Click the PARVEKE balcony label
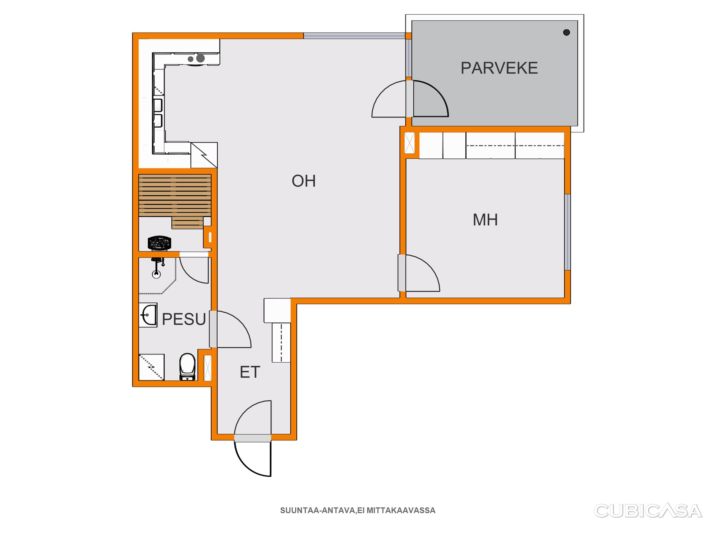click(x=499, y=68)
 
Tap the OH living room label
click(x=304, y=181)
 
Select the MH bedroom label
click(x=485, y=220)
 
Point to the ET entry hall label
click(x=250, y=372)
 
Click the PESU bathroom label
click(x=184, y=319)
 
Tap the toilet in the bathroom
click(x=188, y=367)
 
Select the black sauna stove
click(x=159, y=243)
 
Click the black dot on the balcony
click(x=567, y=32)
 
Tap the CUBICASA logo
click(x=648, y=511)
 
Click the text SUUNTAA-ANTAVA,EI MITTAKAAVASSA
click(x=358, y=511)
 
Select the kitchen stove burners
click(x=197, y=58)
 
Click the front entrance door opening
click(x=253, y=438)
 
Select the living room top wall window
click(x=354, y=36)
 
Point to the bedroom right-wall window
click(x=568, y=232)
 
